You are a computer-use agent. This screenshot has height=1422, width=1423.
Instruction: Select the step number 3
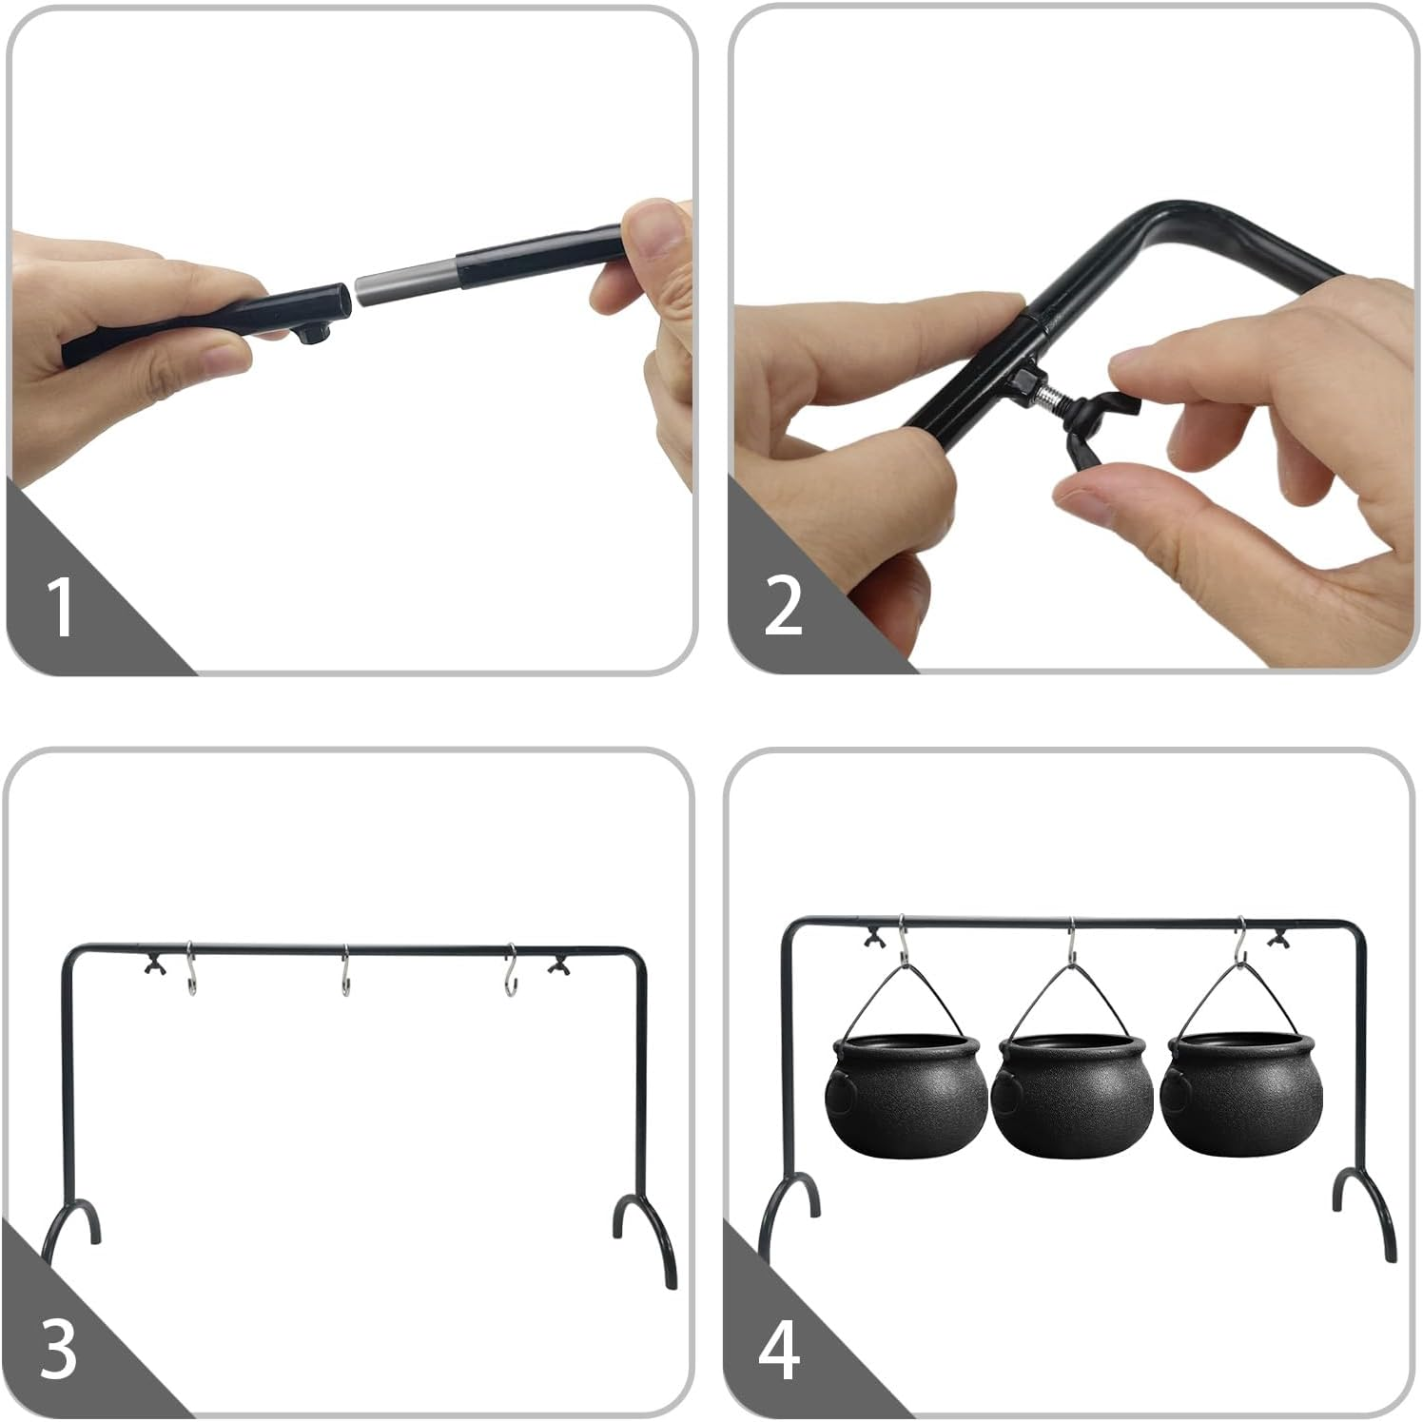pos(59,1348)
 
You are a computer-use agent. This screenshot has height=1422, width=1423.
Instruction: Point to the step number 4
pos(779,1348)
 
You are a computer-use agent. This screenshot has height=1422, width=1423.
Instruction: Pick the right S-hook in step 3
pos(511,970)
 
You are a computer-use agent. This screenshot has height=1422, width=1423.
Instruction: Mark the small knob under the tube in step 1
pos(315,335)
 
